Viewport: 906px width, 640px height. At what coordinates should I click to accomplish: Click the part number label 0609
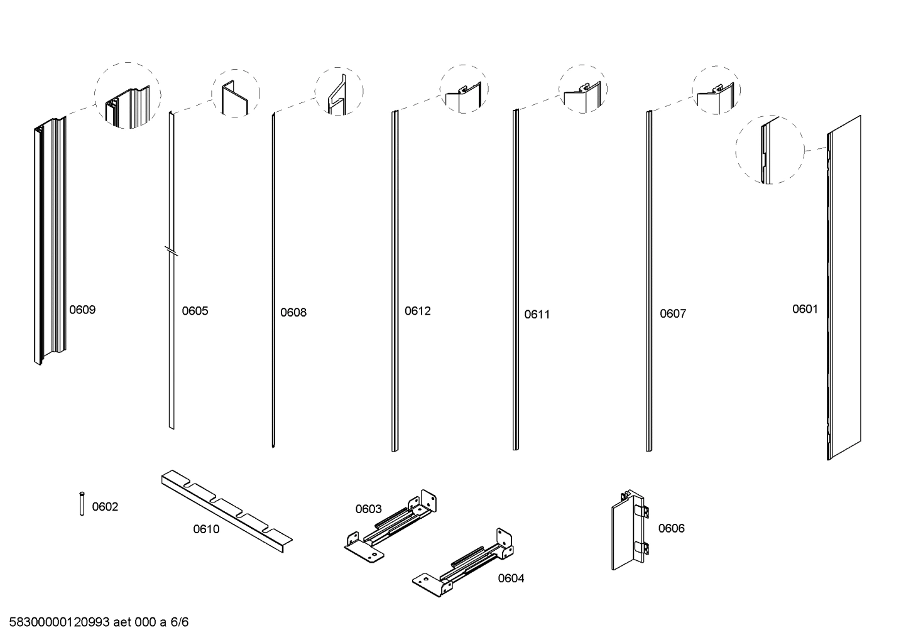click(82, 310)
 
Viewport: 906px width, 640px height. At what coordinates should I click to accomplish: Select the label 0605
click(195, 311)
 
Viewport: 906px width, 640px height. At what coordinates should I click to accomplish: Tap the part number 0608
click(293, 312)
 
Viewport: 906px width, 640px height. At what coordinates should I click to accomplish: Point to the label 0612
click(418, 311)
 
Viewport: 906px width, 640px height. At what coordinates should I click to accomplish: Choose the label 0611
click(537, 314)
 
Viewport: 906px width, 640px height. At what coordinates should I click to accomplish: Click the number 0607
click(673, 313)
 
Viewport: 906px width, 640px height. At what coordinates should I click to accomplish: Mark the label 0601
click(805, 308)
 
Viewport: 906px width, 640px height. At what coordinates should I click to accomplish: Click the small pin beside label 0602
click(82, 503)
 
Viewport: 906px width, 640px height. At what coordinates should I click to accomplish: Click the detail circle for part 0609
click(128, 95)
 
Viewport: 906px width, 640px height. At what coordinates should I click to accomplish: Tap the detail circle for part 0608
click(339, 91)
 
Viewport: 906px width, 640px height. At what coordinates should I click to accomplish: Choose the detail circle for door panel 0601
click(770, 149)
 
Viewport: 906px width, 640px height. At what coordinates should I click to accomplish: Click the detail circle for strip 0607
click(716, 90)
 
